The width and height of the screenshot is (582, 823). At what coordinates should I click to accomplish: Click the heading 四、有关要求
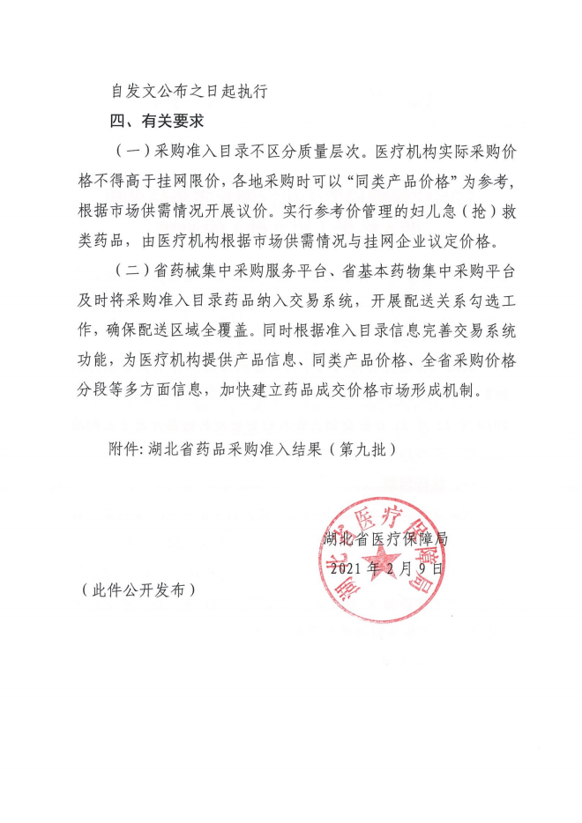153,119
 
